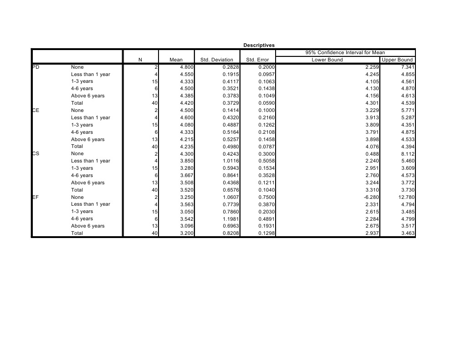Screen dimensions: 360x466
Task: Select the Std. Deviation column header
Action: pyautogui.click(x=217, y=60)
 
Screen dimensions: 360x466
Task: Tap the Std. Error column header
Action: pyautogui.click(x=257, y=60)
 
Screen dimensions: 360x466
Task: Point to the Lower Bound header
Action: pyautogui.click(x=327, y=60)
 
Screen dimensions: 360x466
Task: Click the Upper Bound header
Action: pyautogui.click(x=398, y=60)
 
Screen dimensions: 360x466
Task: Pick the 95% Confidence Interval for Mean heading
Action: pyautogui.click(x=345, y=53)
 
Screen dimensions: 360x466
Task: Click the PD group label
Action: pyautogui.click(x=36, y=67)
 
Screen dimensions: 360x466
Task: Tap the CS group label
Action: pyautogui.click(x=36, y=154)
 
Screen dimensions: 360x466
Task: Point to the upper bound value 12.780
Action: pyautogui.click(x=405, y=197)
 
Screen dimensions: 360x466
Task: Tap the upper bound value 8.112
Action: pyautogui.click(x=406, y=154)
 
